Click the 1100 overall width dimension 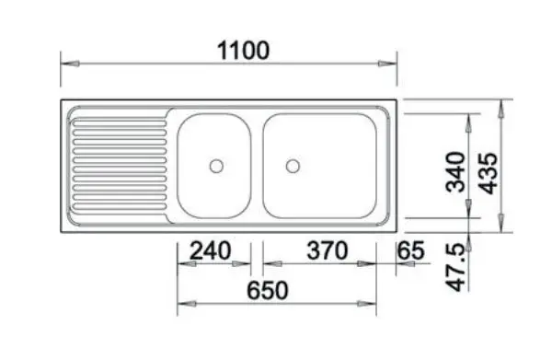[244, 51]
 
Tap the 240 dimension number [210, 250]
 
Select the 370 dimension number [328, 250]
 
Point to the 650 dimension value [268, 291]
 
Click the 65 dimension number [410, 250]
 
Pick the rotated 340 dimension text [455, 172]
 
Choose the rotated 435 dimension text [489, 173]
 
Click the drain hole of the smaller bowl [216, 166]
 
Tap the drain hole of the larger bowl [293, 166]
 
